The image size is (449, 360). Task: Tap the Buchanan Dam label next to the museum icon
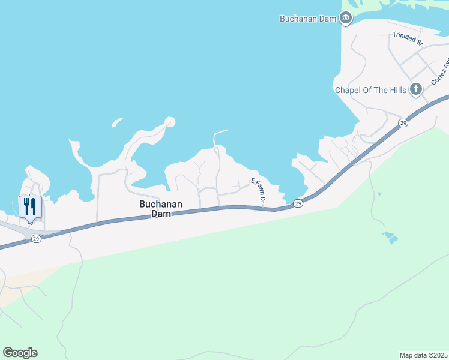click(x=308, y=19)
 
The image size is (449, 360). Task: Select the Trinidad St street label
click(x=408, y=39)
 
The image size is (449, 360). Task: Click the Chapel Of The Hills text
click(x=370, y=90)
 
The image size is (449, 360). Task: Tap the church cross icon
click(x=415, y=90)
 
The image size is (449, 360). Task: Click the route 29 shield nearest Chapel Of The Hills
click(x=402, y=122)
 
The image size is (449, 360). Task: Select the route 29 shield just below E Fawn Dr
click(x=298, y=204)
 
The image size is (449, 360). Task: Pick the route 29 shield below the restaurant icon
click(x=36, y=239)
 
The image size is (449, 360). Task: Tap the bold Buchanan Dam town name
click(x=160, y=208)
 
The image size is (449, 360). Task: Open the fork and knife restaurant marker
click(x=30, y=207)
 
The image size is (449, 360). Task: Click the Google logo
click(x=20, y=353)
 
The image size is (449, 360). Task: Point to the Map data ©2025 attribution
click(x=423, y=355)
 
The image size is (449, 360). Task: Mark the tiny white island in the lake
click(x=116, y=123)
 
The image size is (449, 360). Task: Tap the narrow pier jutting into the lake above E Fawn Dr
click(x=220, y=131)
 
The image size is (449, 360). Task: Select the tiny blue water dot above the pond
click(x=379, y=194)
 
